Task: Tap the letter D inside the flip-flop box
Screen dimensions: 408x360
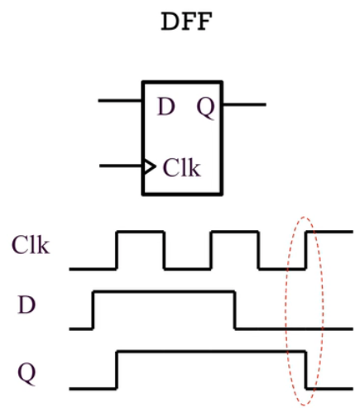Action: [166, 107]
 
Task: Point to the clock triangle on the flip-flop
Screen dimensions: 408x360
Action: [149, 167]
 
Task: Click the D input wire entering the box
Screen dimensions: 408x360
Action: [121, 101]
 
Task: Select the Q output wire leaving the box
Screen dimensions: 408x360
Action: [245, 105]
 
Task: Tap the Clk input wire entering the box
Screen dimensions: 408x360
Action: [121, 167]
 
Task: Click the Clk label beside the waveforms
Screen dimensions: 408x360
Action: [30, 243]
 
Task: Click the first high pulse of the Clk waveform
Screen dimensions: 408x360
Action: [141, 233]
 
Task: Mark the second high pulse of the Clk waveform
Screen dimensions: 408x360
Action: [236, 233]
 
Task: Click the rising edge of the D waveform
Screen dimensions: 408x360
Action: [94, 310]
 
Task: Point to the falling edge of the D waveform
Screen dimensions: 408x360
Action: [236, 310]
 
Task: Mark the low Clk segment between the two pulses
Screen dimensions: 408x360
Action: [188, 269]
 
